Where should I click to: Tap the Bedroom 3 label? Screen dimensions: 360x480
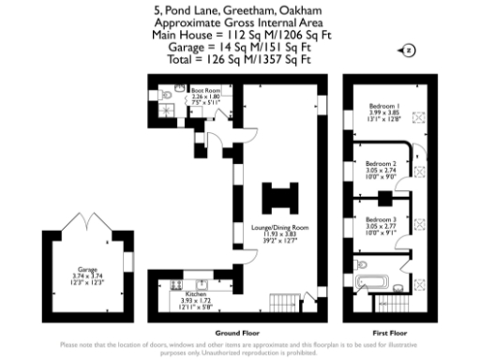(381, 223)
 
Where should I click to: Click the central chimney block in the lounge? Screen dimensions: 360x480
(278, 198)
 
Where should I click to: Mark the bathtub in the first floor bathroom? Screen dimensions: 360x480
(372, 280)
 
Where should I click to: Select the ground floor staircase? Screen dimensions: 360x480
(281, 306)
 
